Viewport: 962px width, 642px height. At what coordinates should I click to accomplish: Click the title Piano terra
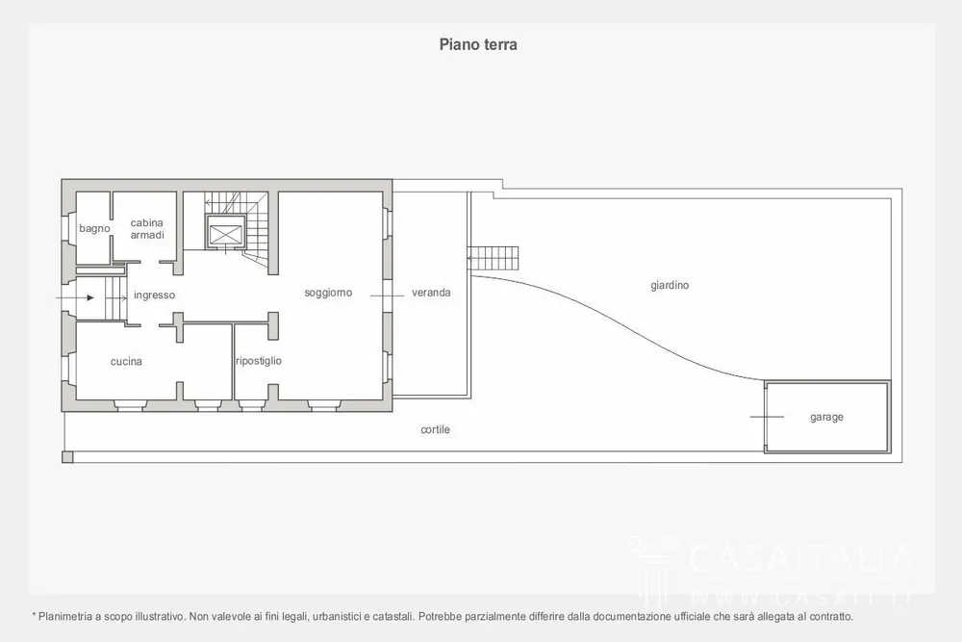point(478,44)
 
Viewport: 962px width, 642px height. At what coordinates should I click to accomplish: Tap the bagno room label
point(94,228)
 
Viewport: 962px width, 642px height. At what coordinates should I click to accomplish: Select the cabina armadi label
point(147,229)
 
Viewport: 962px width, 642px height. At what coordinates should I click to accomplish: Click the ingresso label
point(155,295)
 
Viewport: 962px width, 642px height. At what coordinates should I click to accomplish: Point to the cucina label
point(126,362)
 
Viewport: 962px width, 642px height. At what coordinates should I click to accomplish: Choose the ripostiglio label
point(259,361)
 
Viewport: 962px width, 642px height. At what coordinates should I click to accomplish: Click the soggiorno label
point(328,293)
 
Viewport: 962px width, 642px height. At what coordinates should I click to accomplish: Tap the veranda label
point(431,293)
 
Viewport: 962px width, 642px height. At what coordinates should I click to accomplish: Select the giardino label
point(670,286)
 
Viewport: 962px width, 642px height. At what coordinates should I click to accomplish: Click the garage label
point(827,418)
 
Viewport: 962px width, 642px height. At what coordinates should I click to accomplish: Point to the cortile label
point(436,429)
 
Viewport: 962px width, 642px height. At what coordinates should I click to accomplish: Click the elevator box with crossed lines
point(226,233)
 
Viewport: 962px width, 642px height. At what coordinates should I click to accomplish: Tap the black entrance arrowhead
point(90,297)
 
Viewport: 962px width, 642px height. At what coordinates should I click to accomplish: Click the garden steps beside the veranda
point(493,258)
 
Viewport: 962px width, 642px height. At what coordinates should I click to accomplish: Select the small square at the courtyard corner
point(67,456)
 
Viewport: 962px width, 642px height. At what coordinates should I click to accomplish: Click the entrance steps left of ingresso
point(114,298)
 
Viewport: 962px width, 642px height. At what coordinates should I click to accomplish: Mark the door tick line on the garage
point(767,417)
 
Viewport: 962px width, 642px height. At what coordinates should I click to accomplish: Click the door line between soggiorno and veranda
point(387,295)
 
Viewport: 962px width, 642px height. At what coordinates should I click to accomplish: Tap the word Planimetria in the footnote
point(65,616)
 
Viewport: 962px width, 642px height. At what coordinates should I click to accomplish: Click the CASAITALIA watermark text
point(800,558)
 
